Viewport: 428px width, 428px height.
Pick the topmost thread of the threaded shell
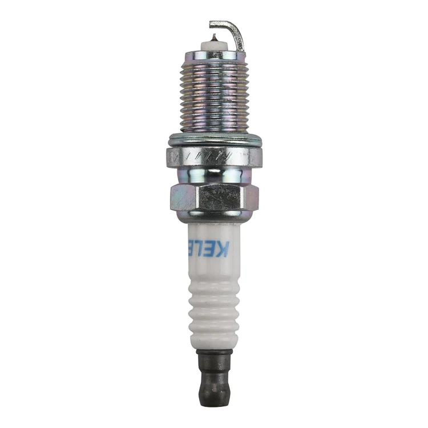tap(214, 66)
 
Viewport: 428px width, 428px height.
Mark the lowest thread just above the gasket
tap(214, 128)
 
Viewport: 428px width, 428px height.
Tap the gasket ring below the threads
tap(214, 139)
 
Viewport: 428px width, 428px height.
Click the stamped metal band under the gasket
tap(214, 154)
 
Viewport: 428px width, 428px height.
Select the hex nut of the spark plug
tap(214, 197)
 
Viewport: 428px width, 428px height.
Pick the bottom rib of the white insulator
tap(214, 337)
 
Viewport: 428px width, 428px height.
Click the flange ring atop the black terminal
tap(214, 353)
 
